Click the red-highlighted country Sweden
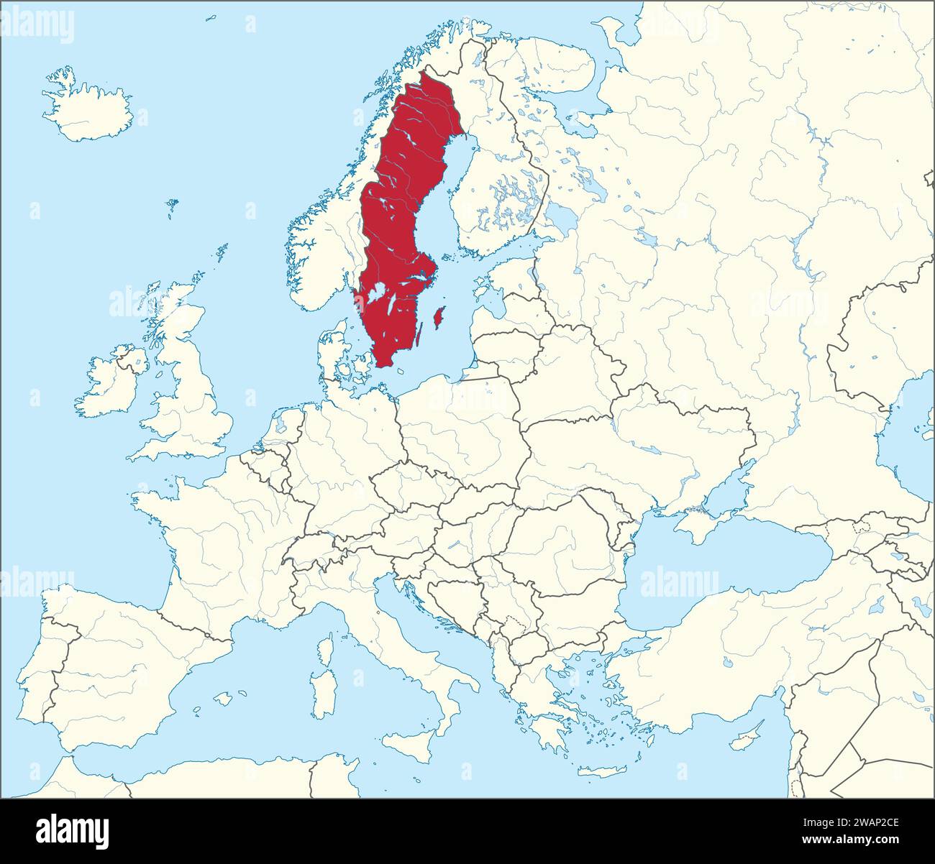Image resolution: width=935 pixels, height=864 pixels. coord(403,216)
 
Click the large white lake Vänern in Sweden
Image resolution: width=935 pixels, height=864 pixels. coord(375,293)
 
